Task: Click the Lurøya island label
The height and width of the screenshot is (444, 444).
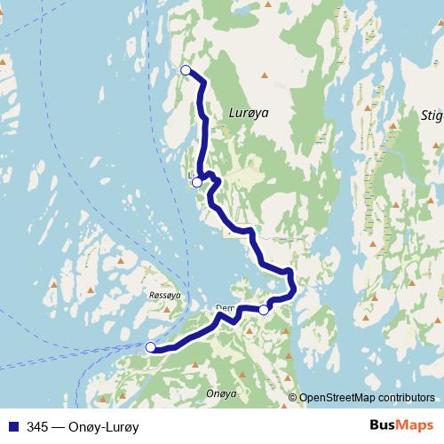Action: click(x=248, y=113)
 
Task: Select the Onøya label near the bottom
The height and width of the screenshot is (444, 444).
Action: click(x=220, y=392)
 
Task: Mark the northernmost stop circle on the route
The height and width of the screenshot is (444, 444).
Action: click(x=186, y=70)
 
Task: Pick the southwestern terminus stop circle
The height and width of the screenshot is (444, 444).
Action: click(x=150, y=347)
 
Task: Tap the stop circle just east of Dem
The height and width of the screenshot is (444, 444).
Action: click(x=263, y=310)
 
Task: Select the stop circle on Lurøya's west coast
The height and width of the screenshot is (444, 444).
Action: click(x=196, y=182)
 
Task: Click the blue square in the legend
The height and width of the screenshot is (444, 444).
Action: click(x=12, y=426)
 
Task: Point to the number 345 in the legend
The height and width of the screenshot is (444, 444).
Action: click(x=37, y=426)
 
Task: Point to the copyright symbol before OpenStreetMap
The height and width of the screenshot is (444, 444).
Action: click(x=293, y=398)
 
